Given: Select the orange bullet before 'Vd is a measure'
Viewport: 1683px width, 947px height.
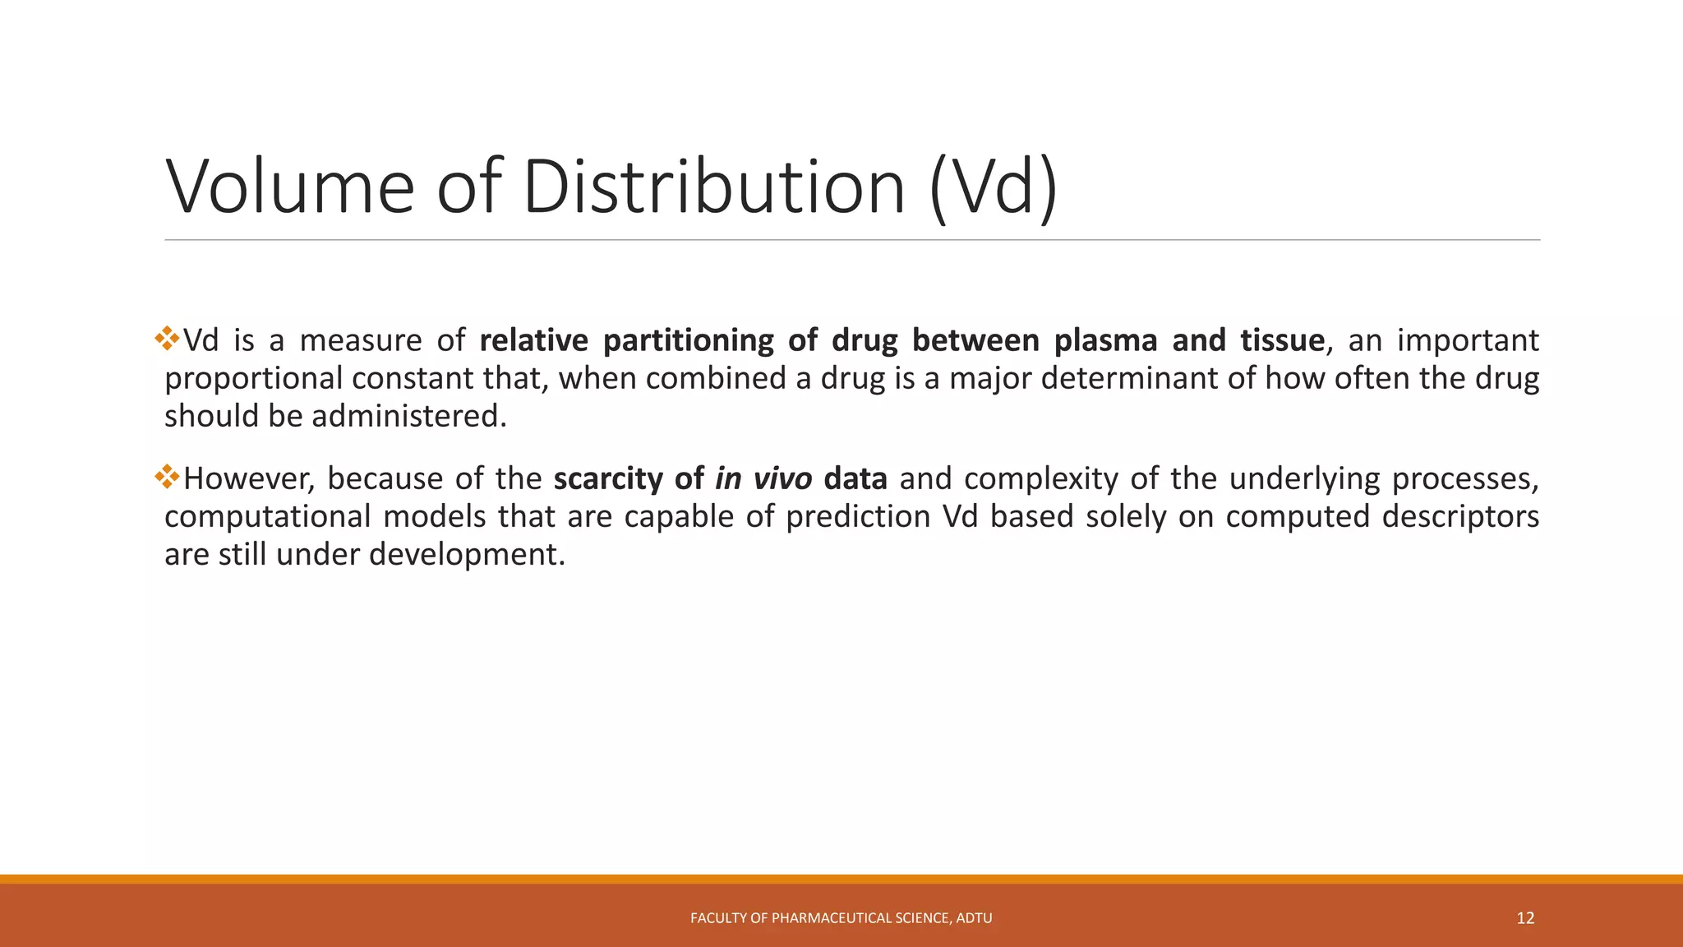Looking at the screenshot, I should (x=168, y=339).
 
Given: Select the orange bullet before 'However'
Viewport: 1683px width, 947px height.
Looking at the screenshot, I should (x=168, y=477).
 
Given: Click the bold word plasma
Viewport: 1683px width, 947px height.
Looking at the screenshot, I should (x=1106, y=340).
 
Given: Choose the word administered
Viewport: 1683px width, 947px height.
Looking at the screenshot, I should (x=408, y=417).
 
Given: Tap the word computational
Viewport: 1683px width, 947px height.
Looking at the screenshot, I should (x=268, y=517).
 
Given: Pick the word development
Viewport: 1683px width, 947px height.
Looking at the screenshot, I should (x=467, y=555).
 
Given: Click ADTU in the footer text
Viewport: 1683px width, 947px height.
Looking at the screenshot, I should (x=975, y=918).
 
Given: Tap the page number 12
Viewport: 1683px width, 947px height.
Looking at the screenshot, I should (x=1525, y=918).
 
